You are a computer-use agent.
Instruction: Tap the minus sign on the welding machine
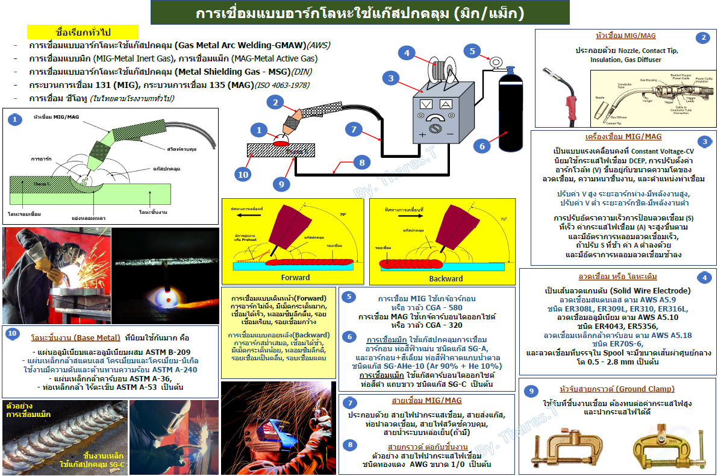click(448, 133)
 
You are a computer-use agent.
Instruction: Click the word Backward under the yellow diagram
click(446, 278)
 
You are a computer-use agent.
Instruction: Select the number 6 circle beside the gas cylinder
click(481, 145)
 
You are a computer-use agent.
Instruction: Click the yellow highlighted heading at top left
click(83, 31)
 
